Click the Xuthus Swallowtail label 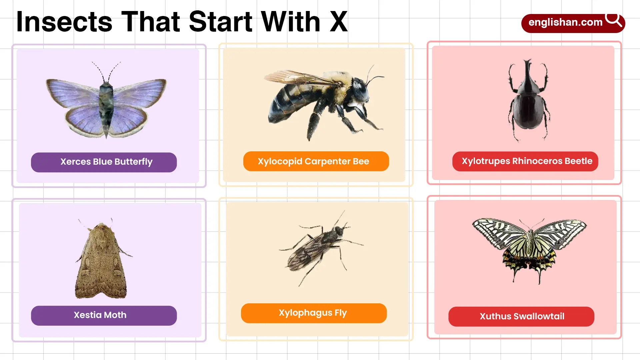point(521,316)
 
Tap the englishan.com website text point(565,22)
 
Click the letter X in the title point(339,22)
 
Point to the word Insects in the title point(64,22)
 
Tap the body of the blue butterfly point(106,107)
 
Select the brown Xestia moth point(101,263)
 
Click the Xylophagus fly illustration point(317,247)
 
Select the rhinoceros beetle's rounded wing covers point(529,112)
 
